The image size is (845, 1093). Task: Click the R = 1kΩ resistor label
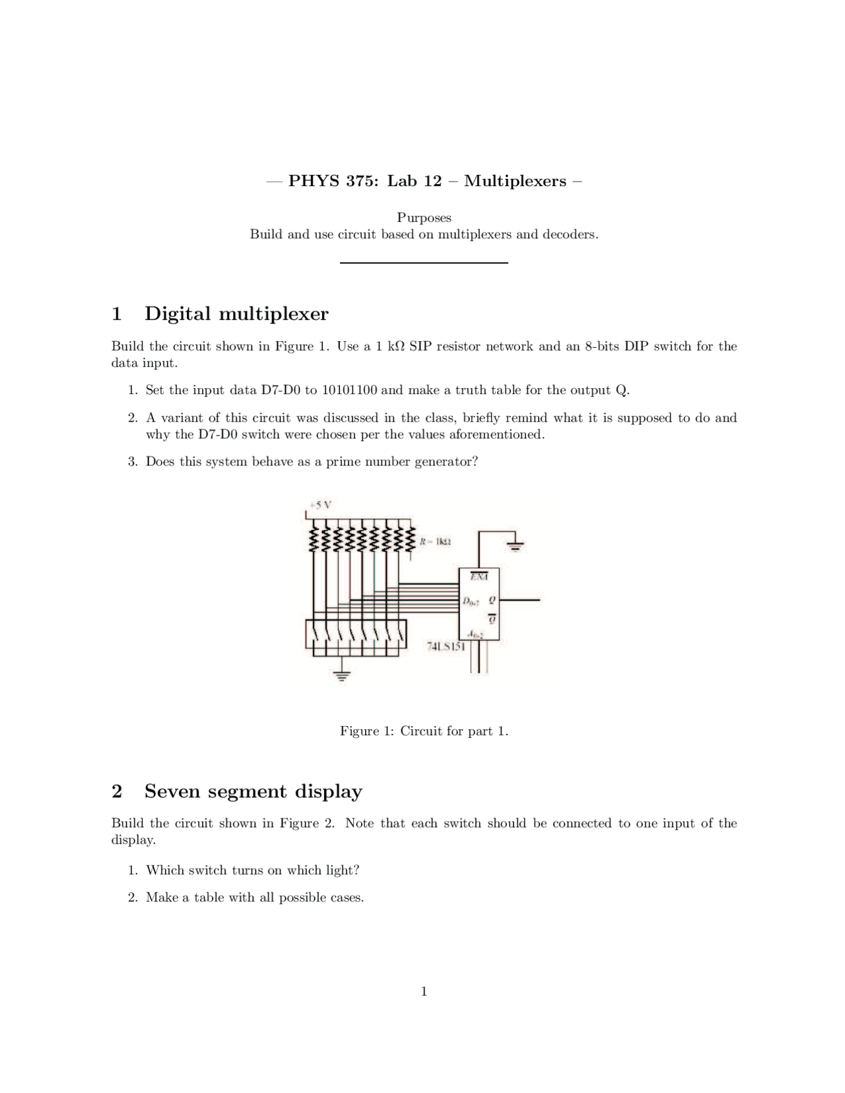pyautogui.click(x=435, y=541)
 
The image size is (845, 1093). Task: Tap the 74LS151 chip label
pyautogui.click(x=446, y=646)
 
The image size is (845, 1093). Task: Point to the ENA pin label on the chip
pyautogui.click(x=479, y=577)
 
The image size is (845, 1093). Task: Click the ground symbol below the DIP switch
pyautogui.click(x=341, y=675)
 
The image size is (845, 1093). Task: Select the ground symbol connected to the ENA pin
pyautogui.click(x=516, y=545)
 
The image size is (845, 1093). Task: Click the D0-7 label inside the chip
pyautogui.click(x=469, y=601)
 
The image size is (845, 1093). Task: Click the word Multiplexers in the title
pyautogui.click(x=515, y=181)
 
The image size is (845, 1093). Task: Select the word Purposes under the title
pyautogui.click(x=424, y=218)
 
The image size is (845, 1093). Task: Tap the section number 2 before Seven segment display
pyautogui.click(x=117, y=791)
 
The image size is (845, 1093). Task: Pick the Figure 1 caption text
pyautogui.click(x=424, y=731)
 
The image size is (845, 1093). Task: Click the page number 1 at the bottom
pyautogui.click(x=424, y=991)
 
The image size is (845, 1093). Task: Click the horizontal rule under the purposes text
pyautogui.click(x=424, y=263)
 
